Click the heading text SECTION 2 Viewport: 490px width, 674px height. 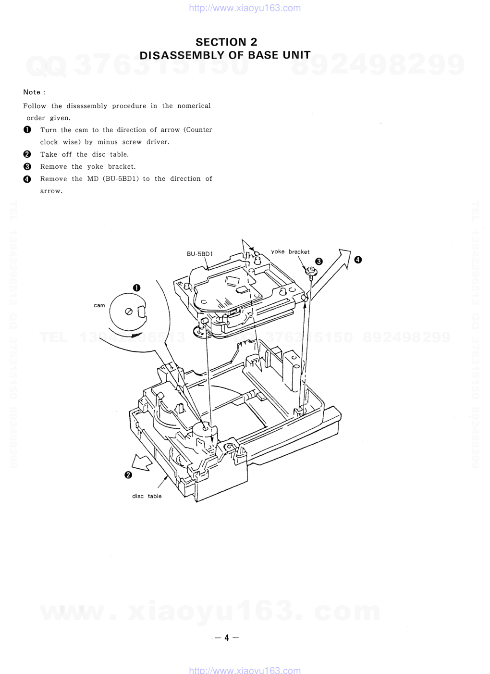[x=226, y=42]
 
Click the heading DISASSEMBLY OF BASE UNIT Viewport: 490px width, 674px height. [x=225, y=55]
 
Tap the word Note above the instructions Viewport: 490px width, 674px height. [x=32, y=92]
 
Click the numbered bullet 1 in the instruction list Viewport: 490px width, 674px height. [x=27, y=130]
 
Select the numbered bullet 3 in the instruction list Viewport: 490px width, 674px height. [x=27, y=166]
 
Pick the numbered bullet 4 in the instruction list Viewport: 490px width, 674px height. [x=27, y=179]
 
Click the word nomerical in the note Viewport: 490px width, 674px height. [x=194, y=106]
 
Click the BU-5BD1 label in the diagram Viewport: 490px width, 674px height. [x=200, y=254]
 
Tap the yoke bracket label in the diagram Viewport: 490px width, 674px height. [x=290, y=251]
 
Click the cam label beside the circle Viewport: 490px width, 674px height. [x=99, y=305]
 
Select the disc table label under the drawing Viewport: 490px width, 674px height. [x=147, y=496]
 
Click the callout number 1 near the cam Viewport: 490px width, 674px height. [x=136, y=288]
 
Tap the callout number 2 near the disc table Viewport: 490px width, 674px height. [x=128, y=475]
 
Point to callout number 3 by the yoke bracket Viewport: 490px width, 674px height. [x=318, y=262]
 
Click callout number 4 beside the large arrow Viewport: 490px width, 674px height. [x=358, y=260]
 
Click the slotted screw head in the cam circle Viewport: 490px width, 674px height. [x=129, y=312]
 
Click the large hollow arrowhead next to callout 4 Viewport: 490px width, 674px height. [x=343, y=258]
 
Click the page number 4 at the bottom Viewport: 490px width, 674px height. [x=227, y=637]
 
